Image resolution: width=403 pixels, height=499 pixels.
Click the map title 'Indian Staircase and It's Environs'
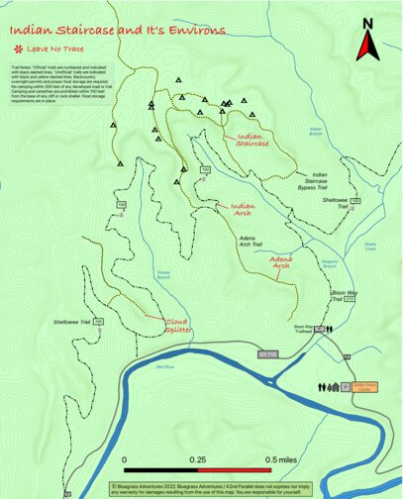coord(118,31)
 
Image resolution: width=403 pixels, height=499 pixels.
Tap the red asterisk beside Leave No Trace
coord(18,49)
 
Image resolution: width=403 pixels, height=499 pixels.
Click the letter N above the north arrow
coord(368,22)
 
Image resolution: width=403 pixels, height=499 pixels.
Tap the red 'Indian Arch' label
coord(236,211)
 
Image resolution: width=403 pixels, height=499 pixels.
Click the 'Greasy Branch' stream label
coord(162,276)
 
